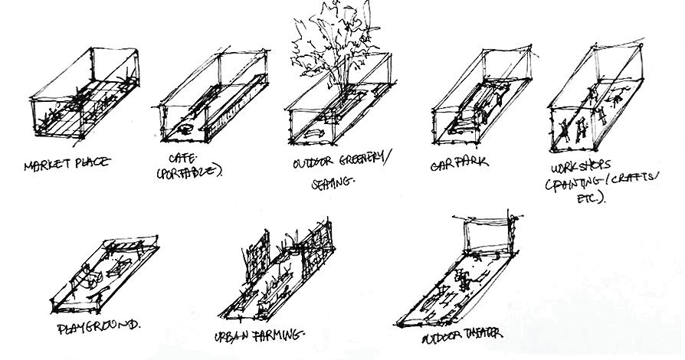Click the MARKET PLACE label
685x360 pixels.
(67, 163)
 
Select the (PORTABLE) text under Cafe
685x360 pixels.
(189, 173)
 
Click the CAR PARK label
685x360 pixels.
(460, 163)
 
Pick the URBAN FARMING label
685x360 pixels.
(261, 335)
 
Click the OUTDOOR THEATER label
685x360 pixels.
(463, 335)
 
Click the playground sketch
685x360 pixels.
(107, 276)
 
